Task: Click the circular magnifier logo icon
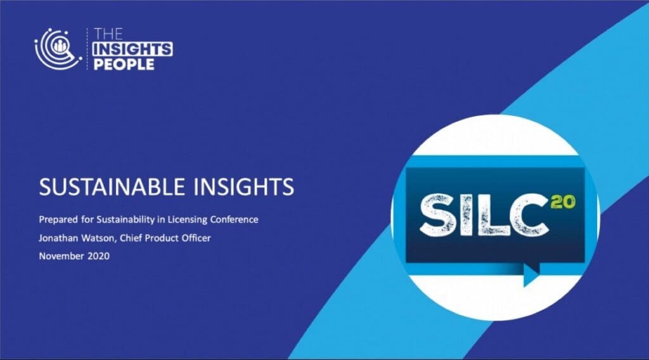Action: pyautogui.click(x=58, y=49)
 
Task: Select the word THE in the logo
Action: pyautogui.click(x=108, y=34)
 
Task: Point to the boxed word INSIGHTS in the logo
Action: pyautogui.click(x=132, y=49)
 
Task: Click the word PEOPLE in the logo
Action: pyautogui.click(x=124, y=64)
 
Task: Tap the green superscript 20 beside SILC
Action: pyautogui.click(x=563, y=202)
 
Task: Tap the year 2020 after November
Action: pyautogui.click(x=98, y=256)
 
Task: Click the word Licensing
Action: pyautogui.click(x=187, y=220)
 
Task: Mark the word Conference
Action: pyautogui.click(x=235, y=219)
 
